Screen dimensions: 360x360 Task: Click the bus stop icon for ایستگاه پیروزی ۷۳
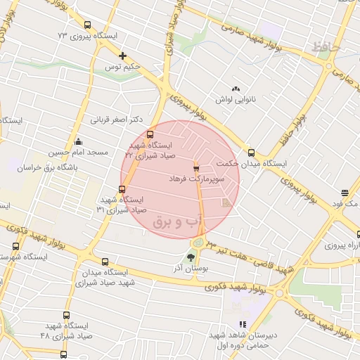coord(87,25)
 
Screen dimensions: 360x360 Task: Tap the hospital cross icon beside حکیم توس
coord(123,56)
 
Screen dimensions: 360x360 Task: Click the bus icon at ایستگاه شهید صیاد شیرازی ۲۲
coord(150,134)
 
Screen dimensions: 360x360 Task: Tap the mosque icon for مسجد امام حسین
coord(77,141)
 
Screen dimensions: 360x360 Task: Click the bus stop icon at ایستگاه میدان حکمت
coord(251,153)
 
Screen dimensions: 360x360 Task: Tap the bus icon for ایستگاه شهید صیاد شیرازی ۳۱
coord(122,188)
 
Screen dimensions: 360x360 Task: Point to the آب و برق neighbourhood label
coord(176,221)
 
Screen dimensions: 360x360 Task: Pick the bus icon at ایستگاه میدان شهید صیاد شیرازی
coord(105,262)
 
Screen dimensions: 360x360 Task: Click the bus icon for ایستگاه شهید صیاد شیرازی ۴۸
coord(66,316)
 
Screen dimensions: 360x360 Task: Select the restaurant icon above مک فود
coord(345,192)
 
